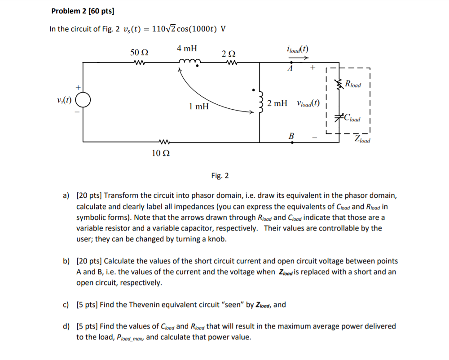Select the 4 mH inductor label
[x=186, y=48]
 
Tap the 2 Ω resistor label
[x=229, y=54]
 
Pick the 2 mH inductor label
[x=277, y=103]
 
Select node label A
[x=290, y=68]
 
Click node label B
[x=291, y=136]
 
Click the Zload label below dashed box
[x=362, y=139]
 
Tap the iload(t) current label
[x=297, y=49]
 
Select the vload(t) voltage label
[x=308, y=103]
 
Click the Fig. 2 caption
[x=220, y=175]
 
